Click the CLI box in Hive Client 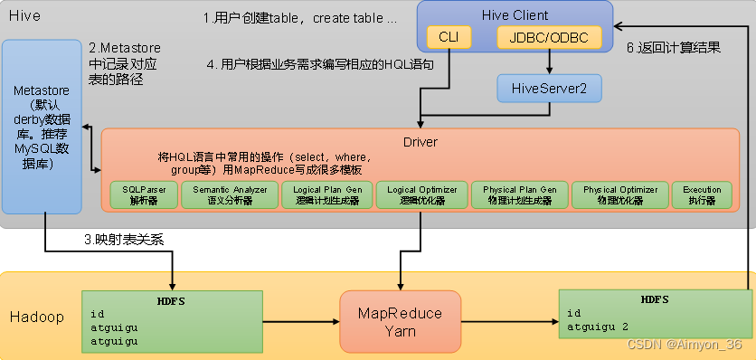point(449,38)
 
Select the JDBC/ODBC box point(549,38)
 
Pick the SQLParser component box point(142,194)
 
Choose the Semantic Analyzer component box point(227,194)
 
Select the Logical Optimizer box point(421,194)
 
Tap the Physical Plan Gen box point(519,194)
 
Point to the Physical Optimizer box point(619,194)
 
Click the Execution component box point(702,194)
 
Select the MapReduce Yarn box point(400,322)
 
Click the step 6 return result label point(674,48)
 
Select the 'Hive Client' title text point(514,14)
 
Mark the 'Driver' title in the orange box point(420,142)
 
